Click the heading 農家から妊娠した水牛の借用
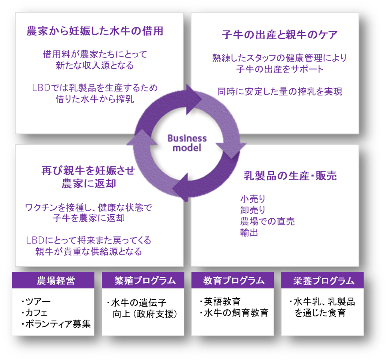(95, 31)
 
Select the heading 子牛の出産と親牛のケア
(279, 35)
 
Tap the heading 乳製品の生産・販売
(290, 175)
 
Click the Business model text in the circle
(187, 143)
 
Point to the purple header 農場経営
(53, 280)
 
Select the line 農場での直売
(267, 221)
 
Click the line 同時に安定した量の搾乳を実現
(279, 91)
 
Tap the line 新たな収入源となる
(95, 66)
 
